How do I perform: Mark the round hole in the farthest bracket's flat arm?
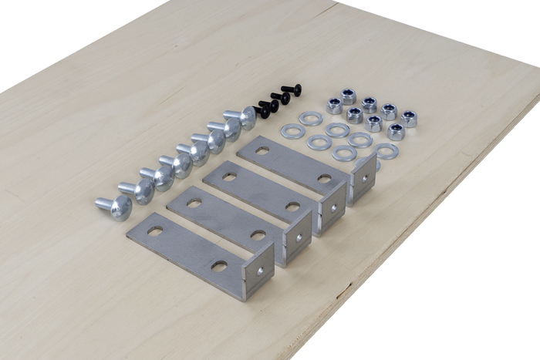325,178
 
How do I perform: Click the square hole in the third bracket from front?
232,177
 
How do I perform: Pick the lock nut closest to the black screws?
335,106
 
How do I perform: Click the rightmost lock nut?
408,117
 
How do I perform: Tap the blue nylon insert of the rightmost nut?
408,115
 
